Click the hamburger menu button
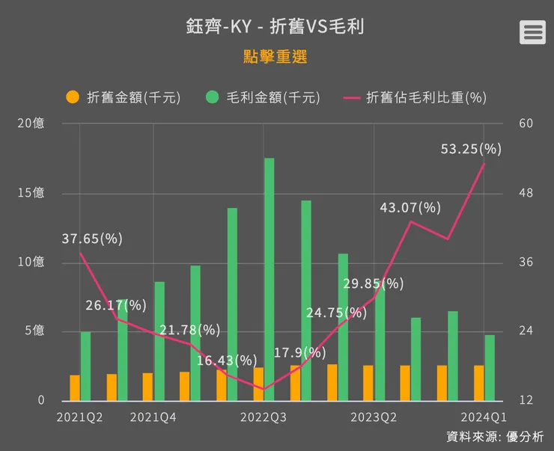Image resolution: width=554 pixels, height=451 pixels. pyautogui.click(x=532, y=32)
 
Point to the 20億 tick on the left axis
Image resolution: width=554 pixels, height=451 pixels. pyautogui.click(x=31, y=123)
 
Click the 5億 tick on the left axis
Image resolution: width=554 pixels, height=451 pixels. pyautogui.click(x=34, y=331)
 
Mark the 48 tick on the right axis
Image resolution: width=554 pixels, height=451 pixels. pyautogui.click(x=525, y=193)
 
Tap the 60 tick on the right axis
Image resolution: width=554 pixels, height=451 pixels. pyautogui.click(x=525, y=123)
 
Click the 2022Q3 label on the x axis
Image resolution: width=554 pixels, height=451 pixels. pyautogui.click(x=264, y=417)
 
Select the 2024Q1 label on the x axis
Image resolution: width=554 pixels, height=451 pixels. pyautogui.click(x=484, y=417)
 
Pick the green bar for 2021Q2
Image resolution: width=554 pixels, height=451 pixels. pyautogui.click(x=85, y=366)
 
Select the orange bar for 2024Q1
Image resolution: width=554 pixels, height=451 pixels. pyautogui.click(x=478, y=383)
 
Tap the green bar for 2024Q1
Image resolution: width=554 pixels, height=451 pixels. pyautogui.click(x=490, y=368)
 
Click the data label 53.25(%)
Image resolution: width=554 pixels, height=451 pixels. pyautogui.click(x=471, y=149)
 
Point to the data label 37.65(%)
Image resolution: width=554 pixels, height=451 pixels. pyautogui.click(x=92, y=239)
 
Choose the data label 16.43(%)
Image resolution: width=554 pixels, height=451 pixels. pyautogui.click(x=227, y=361)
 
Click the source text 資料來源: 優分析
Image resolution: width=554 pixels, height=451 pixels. pyautogui.click(x=495, y=437)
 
